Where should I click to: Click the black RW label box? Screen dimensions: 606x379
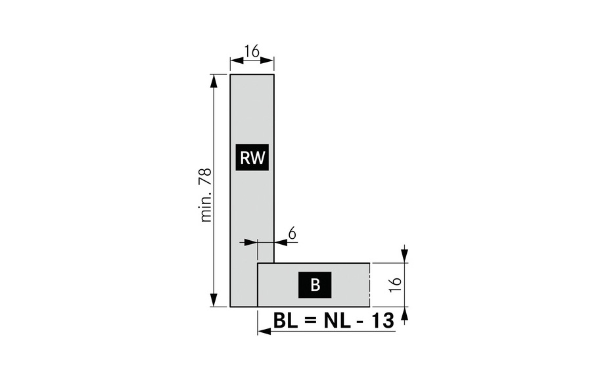[x=252, y=157]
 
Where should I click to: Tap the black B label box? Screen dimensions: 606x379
[x=315, y=285]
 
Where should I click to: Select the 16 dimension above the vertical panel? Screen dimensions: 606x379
[x=252, y=51]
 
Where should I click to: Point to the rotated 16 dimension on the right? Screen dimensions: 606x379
[x=396, y=285]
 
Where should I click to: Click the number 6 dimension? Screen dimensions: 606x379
[x=292, y=234]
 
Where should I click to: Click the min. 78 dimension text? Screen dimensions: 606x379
[x=206, y=195]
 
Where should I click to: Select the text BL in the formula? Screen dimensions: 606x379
[x=286, y=320]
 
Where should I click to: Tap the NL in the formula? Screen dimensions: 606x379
[x=335, y=320]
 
